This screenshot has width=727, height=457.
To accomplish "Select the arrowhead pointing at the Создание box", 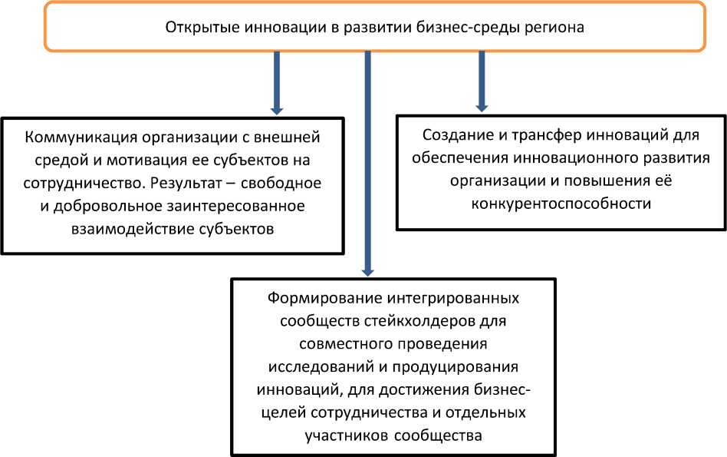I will [x=482, y=108].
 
